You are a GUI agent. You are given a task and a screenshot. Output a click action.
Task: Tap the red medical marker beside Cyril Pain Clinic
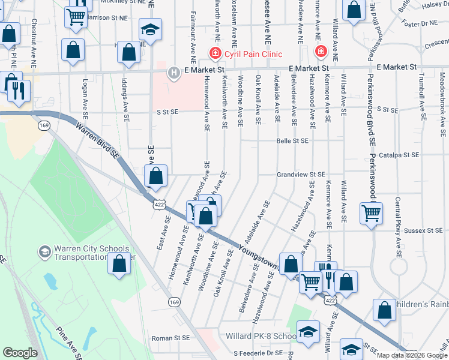point(214,53)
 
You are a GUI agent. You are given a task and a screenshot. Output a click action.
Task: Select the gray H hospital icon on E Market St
point(173,73)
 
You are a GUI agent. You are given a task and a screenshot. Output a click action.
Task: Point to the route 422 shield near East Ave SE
point(158,205)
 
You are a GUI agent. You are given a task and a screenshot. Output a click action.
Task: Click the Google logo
point(20,353)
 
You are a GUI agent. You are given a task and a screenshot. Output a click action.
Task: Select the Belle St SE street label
point(292,141)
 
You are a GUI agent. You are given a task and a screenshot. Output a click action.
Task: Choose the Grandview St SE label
point(300,175)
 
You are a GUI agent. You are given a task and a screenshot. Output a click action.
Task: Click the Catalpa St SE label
point(402,155)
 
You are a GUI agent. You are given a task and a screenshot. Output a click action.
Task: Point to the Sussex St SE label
point(423,230)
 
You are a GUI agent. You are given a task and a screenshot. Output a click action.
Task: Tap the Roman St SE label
point(170,338)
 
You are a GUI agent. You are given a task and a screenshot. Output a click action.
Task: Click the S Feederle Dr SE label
point(258,353)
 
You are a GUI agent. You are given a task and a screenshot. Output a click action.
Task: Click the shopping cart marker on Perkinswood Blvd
point(372,213)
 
